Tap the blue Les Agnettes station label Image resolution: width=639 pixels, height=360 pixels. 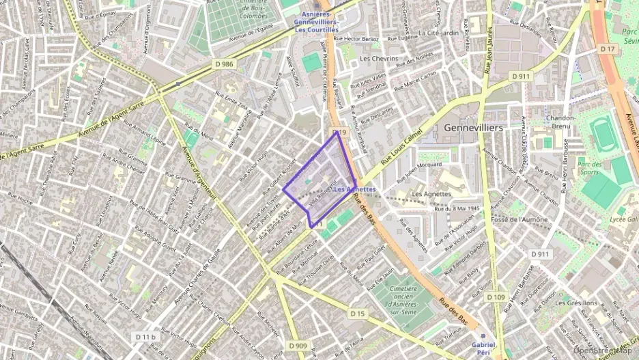(355, 189)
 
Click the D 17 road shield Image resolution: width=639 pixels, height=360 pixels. (608, 49)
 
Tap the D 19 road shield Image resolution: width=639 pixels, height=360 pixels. (340, 132)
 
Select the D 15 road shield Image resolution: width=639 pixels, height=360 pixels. (358, 314)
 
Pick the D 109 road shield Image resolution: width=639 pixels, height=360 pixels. (496, 297)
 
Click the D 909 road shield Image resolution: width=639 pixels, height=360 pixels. (298, 346)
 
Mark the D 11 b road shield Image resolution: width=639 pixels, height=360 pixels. (145, 337)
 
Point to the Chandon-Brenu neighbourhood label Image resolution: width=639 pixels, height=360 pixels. (560, 122)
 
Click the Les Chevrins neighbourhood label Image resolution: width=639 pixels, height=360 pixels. (378, 59)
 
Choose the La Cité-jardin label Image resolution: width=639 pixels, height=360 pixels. (438, 32)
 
